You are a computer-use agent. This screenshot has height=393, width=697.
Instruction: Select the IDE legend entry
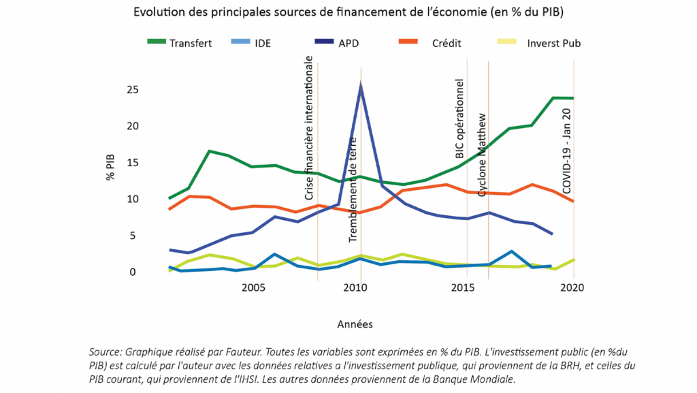click(263, 43)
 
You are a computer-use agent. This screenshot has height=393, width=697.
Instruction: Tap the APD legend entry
click(349, 43)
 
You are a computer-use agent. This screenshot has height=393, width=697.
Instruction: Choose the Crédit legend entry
click(447, 43)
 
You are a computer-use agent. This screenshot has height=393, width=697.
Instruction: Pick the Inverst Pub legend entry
click(553, 43)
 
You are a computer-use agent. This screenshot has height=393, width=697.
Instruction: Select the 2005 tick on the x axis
click(253, 288)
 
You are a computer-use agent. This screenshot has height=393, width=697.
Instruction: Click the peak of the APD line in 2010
click(360, 84)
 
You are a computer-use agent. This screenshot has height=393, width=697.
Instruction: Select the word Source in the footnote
click(105, 352)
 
